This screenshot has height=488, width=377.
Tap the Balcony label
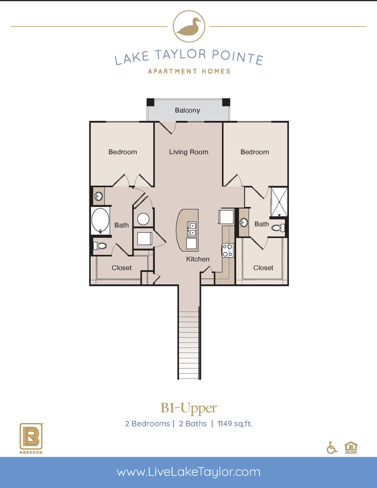click(187, 110)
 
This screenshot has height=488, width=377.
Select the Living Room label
click(189, 152)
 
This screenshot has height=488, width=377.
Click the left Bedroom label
click(122, 152)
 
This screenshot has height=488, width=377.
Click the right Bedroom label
click(255, 152)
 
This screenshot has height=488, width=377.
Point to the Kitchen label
click(198, 259)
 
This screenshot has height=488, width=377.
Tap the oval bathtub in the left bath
click(100, 221)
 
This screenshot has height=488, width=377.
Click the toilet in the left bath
click(100, 246)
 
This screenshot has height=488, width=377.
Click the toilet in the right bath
click(277, 228)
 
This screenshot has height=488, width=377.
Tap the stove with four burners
click(228, 250)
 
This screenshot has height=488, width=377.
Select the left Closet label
click(121, 268)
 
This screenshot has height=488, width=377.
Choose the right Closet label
click(263, 268)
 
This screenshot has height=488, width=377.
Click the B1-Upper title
click(189, 408)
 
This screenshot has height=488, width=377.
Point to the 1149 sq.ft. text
click(237, 424)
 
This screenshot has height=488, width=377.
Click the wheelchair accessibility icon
click(332, 448)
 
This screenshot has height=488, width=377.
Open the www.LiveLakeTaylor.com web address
click(188, 472)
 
